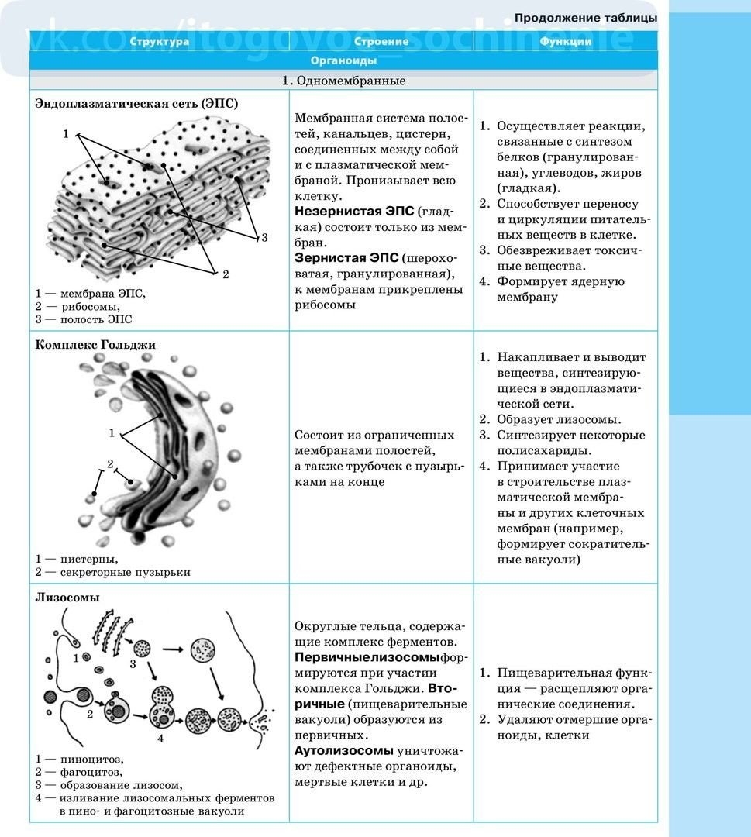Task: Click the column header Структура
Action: coord(159,42)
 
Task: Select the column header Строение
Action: coord(381,42)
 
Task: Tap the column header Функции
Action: coord(566,42)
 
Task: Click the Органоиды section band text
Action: coord(343,60)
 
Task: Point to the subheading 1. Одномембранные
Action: coord(343,81)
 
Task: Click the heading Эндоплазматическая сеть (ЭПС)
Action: coord(136,103)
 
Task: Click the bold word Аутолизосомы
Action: coord(344,751)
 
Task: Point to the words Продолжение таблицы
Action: coord(586,17)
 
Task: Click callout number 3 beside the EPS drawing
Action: coord(264,237)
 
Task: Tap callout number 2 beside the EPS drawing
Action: coord(226,274)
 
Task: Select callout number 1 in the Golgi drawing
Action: coord(112,432)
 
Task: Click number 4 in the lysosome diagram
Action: coord(160,739)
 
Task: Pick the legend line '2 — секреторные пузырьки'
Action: coord(112,572)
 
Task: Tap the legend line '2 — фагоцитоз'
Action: coord(79,772)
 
